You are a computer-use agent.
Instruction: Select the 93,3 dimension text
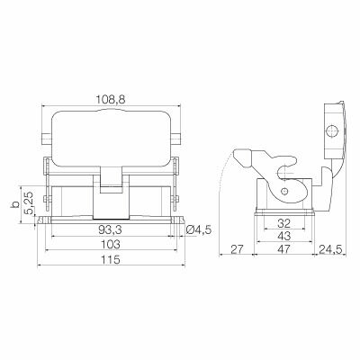pos(112,229)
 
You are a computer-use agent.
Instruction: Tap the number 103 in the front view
pos(112,245)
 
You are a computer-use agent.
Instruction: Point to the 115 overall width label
pos(112,260)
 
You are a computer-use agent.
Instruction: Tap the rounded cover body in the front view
pos(112,135)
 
